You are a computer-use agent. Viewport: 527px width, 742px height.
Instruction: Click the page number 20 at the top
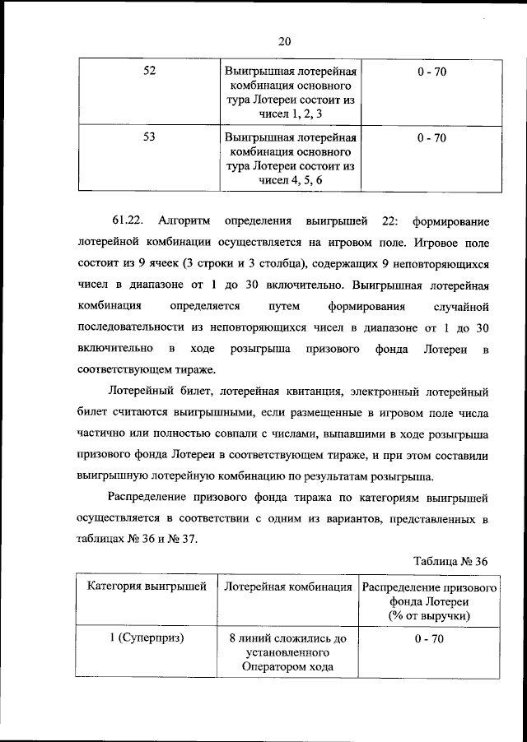pyautogui.click(x=286, y=41)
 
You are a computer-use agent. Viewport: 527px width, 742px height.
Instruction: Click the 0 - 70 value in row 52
pyautogui.click(x=431, y=72)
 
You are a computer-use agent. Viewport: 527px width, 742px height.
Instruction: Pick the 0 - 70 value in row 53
pyautogui.click(x=431, y=137)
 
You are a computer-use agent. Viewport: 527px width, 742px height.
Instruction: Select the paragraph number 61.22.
pyautogui.click(x=128, y=221)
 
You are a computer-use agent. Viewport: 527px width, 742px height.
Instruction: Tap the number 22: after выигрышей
pyautogui.click(x=386, y=221)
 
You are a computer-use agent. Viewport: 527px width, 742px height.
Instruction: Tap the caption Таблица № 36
pyautogui.click(x=452, y=561)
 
